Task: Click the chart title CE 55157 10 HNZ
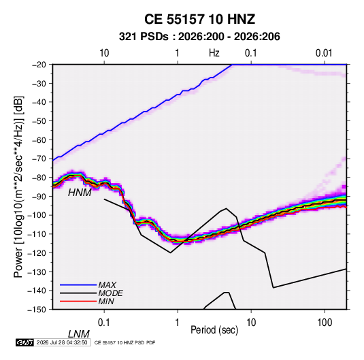point(199,19)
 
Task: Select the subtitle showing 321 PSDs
point(199,37)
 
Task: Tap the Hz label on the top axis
point(214,53)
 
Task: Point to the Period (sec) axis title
point(214,330)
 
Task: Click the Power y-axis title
point(18,187)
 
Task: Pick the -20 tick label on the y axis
point(39,65)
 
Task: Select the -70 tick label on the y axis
point(39,159)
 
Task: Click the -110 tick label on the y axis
point(37,234)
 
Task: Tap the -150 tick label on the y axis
point(37,310)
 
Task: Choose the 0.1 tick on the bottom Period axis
point(104,323)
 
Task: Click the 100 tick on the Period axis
point(325,323)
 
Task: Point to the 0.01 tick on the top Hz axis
point(324,53)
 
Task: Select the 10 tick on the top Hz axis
point(104,53)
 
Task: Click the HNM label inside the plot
point(80,193)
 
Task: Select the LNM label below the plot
point(79,334)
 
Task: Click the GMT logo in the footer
point(24,342)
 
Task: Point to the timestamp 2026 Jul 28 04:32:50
point(62,342)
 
